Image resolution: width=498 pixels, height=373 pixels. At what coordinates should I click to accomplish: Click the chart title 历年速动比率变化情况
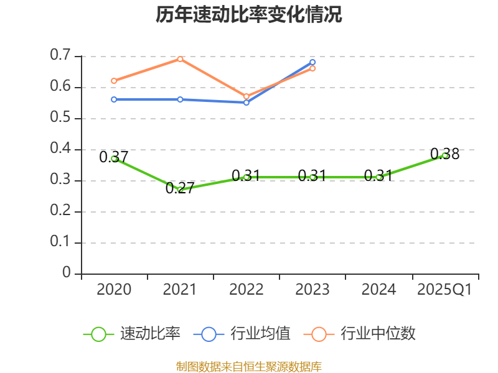(249, 15)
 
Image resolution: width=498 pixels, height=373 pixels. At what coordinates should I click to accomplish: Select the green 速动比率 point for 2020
(114, 159)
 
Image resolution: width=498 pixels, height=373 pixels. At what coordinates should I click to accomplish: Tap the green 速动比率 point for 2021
(180, 190)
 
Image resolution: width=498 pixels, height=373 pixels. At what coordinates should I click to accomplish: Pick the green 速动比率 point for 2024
(378, 177)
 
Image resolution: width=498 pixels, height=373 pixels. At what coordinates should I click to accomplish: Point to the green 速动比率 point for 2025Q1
(444, 155)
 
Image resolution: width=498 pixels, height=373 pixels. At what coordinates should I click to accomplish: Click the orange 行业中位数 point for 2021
(180, 59)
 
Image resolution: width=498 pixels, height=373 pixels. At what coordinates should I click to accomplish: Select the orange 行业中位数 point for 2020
(114, 81)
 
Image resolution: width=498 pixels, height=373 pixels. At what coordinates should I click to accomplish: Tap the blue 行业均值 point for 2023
(312, 62)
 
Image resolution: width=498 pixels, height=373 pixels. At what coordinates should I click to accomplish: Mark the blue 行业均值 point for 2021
(180, 99)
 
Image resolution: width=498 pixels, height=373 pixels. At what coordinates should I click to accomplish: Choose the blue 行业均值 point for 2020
(114, 99)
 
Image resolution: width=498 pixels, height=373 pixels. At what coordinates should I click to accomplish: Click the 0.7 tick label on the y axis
(60, 56)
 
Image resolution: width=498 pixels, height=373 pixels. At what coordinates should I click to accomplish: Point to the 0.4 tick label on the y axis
(60, 149)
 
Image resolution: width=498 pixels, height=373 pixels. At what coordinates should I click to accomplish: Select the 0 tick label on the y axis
(67, 274)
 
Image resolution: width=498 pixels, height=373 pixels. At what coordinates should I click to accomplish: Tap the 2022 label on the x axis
(246, 290)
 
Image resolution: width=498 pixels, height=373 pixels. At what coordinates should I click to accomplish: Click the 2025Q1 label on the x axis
(444, 290)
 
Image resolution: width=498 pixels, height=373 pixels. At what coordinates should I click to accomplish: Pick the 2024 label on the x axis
(378, 290)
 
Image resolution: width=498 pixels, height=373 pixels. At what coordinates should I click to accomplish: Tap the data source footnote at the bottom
(249, 366)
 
